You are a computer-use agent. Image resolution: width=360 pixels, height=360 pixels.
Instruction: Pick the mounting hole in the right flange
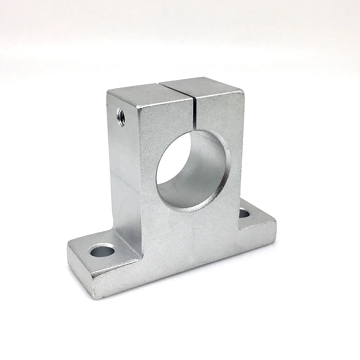244,213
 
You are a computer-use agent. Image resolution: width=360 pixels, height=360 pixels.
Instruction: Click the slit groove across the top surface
178,87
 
